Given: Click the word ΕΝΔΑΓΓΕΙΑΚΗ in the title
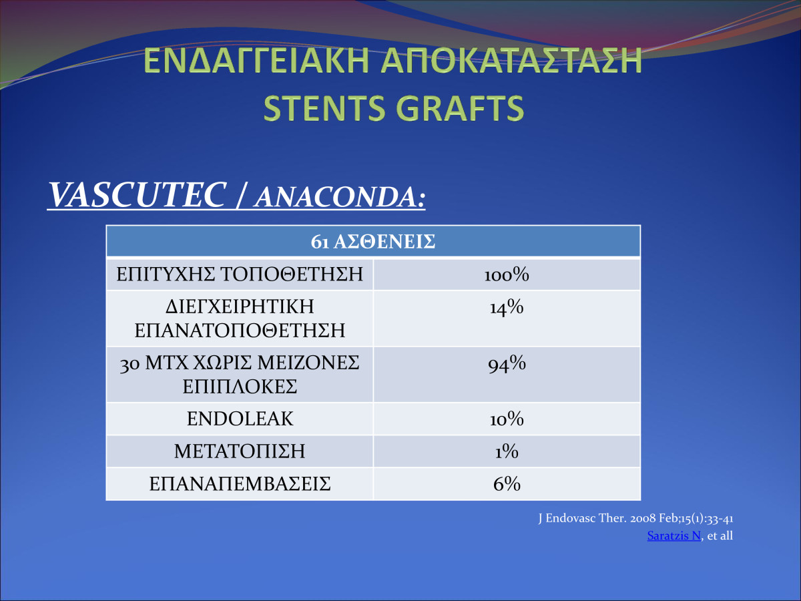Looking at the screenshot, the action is tap(256, 61).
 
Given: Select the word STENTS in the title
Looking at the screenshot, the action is tap(324, 108).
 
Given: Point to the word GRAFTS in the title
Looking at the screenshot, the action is tap(460, 108).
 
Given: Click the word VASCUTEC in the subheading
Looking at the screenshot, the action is tap(137, 195).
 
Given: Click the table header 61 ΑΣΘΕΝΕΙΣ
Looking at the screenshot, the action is tap(373, 242).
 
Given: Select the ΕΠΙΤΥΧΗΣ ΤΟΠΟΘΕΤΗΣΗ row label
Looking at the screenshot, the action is tap(240, 274).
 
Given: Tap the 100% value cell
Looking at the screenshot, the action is tap(507, 274).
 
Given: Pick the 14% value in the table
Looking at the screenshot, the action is tap(507, 307).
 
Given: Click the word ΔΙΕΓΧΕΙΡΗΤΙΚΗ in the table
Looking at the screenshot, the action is tap(240, 307).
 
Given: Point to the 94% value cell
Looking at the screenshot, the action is tap(507, 364).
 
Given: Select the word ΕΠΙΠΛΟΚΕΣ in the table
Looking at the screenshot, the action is tap(240, 387).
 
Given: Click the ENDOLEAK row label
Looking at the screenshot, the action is tap(240, 419).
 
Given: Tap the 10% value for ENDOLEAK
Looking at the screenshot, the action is tap(507, 419).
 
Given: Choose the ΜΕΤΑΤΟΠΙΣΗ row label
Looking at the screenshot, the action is tap(240, 451).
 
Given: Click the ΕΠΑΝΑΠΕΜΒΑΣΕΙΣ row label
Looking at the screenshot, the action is tap(240, 484).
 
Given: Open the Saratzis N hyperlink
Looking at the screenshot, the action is tap(674, 536).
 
